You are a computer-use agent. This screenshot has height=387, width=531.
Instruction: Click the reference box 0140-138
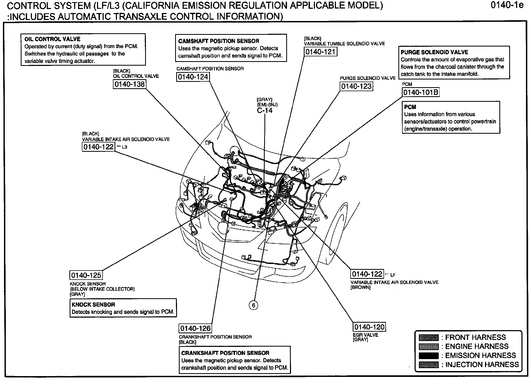pyautogui.click(x=129, y=84)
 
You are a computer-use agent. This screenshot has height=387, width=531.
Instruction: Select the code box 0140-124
pyautogui.click(x=193, y=77)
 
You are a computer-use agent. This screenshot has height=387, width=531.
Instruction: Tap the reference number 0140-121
pyautogui.click(x=320, y=52)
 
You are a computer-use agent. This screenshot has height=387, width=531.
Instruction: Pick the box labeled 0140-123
pyautogui.click(x=356, y=86)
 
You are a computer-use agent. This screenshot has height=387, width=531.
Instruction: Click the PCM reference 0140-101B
pyautogui.click(x=420, y=92)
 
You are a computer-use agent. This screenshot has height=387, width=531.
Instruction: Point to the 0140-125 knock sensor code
pyautogui.click(x=86, y=275)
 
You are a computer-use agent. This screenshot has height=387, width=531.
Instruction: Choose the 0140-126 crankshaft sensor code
pyautogui.click(x=195, y=328)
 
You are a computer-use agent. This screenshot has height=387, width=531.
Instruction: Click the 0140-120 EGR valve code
pyautogui.click(x=369, y=327)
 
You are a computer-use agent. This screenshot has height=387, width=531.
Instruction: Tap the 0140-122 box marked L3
pyautogui.click(x=98, y=147)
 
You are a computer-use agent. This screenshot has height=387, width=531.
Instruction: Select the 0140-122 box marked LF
pyautogui.click(x=367, y=274)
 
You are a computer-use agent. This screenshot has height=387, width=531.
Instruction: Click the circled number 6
pyautogui.click(x=253, y=305)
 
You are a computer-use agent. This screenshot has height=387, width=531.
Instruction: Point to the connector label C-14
pyautogui.click(x=265, y=110)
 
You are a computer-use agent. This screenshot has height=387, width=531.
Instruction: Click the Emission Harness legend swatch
pyautogui.click(x=428, y=356)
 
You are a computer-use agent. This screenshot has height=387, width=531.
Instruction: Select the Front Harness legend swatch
pyautogui.click(x=428, y=338)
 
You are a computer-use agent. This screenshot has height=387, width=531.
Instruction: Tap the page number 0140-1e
pyautogui.click(x=507, y=5)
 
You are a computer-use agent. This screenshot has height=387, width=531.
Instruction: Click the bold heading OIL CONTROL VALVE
pyautogui.click(x=52, y=39)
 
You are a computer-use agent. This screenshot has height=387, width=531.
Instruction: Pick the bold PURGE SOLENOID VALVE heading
pyautogui.click(x=434, y=52)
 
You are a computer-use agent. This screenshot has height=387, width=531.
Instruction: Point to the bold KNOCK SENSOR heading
pyautogui.click(x=93, y=305)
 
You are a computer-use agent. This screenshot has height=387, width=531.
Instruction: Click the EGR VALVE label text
pyautogui.click(x=365, y=335)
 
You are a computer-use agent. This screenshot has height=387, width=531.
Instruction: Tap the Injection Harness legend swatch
pyautogui.click(x=428, y=365)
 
